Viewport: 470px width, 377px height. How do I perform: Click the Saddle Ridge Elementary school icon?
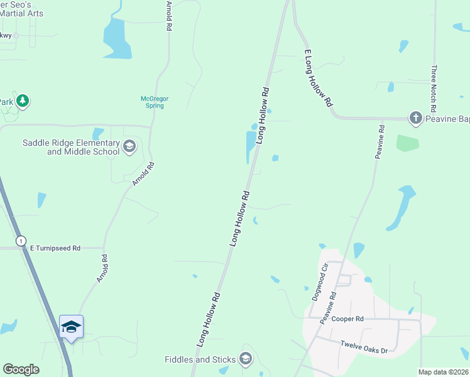point(129,146)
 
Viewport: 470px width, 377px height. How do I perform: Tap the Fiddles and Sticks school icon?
point(246,359)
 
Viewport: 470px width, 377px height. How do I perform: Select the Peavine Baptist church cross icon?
point(415,117)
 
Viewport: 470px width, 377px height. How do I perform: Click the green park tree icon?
point(23,101)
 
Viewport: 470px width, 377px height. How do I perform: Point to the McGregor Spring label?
point(151,102)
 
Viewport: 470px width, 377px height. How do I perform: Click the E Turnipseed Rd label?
point(55,248)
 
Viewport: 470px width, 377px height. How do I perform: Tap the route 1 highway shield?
point(21,241)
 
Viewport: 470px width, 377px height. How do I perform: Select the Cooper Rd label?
point(347,319)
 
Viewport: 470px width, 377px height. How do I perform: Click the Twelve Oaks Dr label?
point(364,347)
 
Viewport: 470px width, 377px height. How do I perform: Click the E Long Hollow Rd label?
point(317,79)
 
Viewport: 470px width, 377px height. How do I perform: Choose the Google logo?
point(21,369)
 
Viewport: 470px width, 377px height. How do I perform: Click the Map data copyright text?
point(443,372)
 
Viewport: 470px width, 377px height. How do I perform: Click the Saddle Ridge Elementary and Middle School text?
point(71,147)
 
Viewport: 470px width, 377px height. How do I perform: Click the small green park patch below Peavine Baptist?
point(407,143)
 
